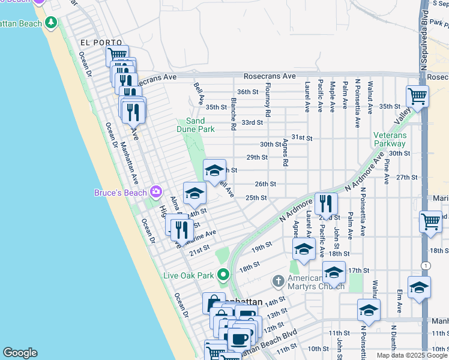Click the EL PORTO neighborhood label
(100, 43)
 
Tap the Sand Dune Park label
(196, 125)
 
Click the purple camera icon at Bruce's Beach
(156, 192)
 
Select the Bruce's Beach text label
(120, 193)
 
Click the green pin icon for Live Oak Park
(223, 275)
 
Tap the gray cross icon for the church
(278, 280)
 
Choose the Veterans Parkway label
(390, 139)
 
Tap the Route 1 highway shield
(424, 265)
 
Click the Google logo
(20, 353)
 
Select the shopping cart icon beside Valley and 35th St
(417, 95)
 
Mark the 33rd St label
(252, 122)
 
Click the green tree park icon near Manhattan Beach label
(51, 23)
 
